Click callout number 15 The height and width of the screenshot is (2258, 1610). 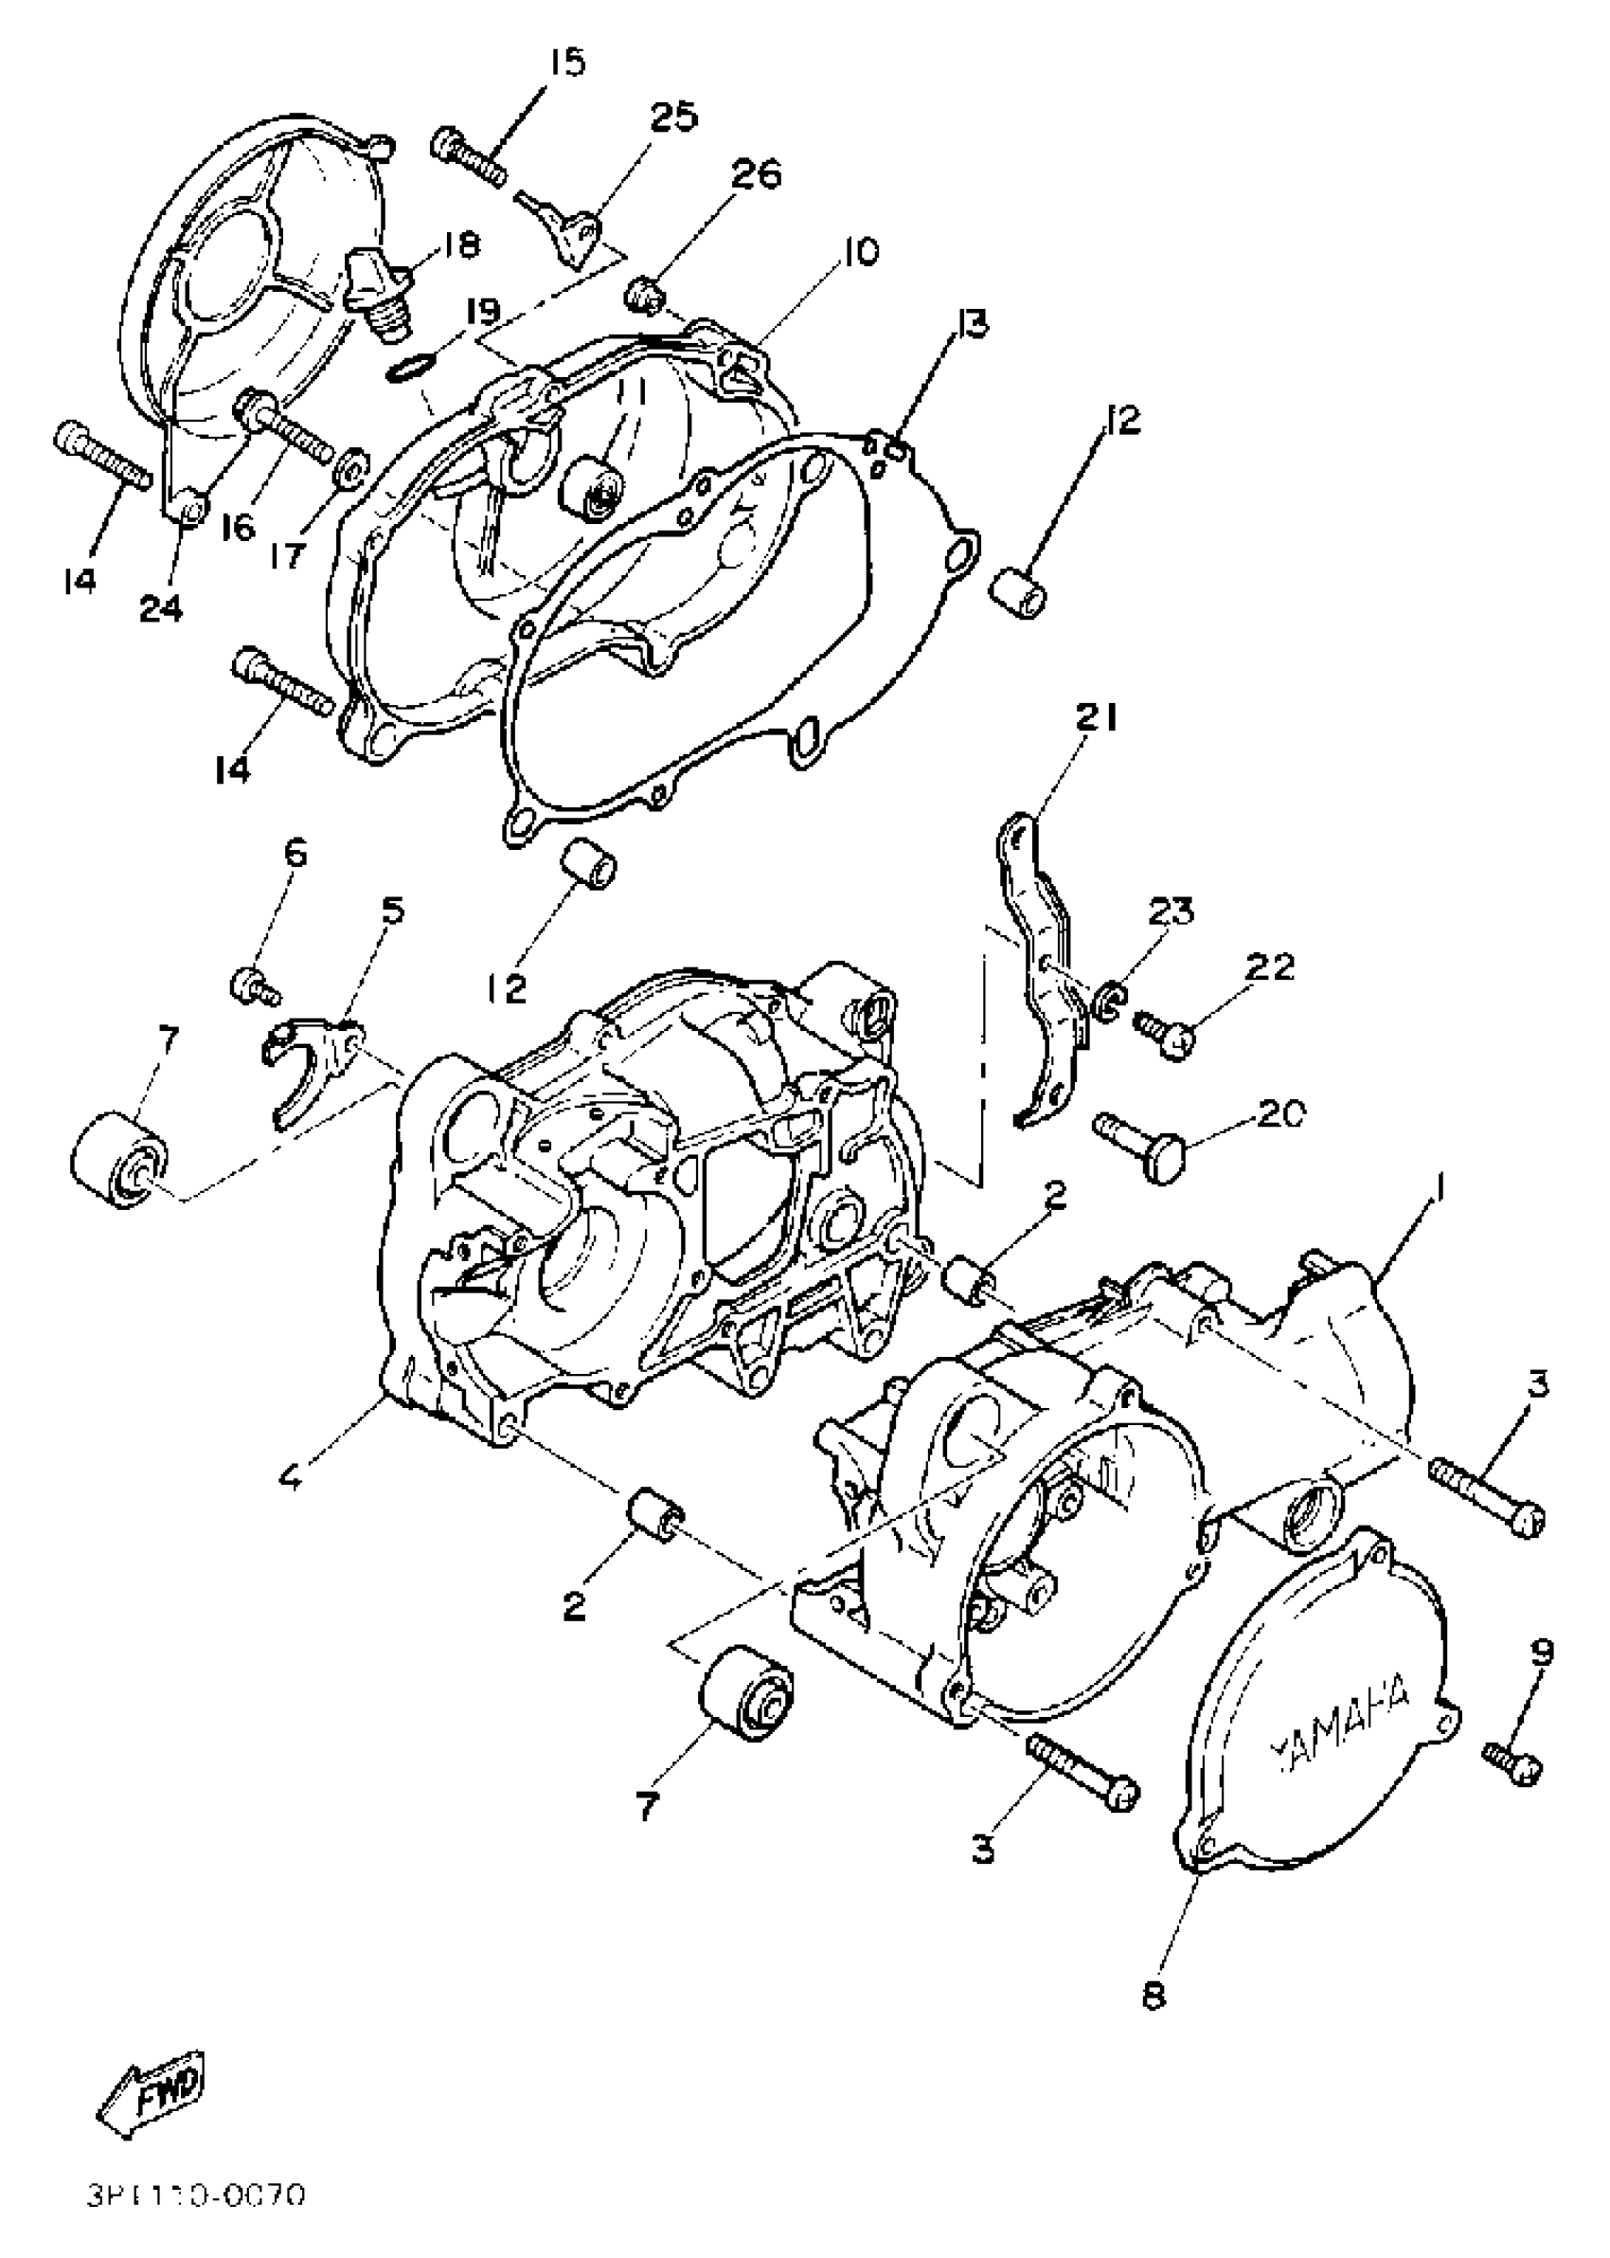click(566, 63)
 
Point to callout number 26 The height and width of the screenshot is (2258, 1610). click(757, 174)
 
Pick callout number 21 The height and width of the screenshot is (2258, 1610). click(1095, 717)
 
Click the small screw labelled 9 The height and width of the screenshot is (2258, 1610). click(1512, 1765)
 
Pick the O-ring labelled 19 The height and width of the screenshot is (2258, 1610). click(404, 369)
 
